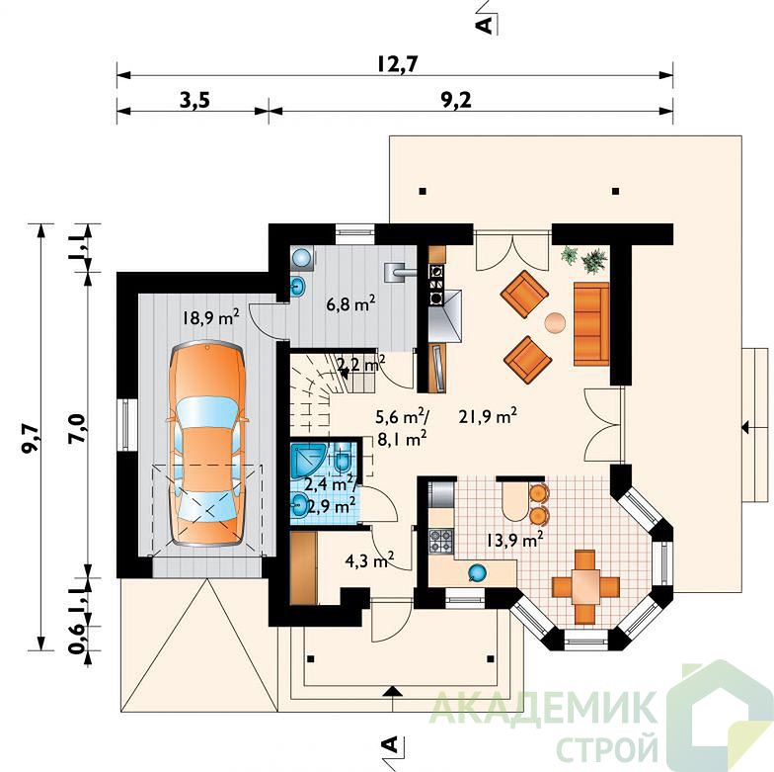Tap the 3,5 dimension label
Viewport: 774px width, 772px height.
point(195,101)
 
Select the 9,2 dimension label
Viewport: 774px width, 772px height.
point(456,101)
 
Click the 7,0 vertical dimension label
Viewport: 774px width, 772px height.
point(79,426)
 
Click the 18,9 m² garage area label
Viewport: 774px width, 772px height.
point(211,316)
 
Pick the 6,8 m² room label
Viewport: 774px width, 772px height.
point(350,302)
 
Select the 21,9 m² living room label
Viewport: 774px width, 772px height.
point(488,416)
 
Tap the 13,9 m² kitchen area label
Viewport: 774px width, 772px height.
point(515,540)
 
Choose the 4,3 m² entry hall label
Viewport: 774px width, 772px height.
point(369,560)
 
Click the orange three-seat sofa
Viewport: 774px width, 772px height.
point(591,324)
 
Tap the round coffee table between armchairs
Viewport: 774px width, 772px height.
point(555,323)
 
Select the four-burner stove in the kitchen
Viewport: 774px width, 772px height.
point(440,541)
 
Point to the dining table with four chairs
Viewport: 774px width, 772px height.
point(584,587)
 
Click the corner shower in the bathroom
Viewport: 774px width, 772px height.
point(307,461)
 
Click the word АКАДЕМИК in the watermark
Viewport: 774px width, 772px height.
point(543,708)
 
